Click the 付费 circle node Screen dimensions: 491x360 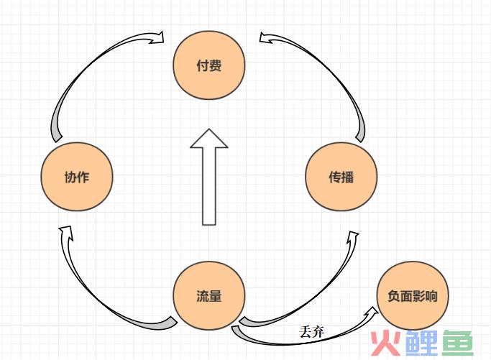(x=209, y=65)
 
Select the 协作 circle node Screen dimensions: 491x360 (x=77, y=177)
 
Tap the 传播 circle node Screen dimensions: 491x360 (x=341, y=177)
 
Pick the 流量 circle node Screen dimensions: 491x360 (x=209, y=295)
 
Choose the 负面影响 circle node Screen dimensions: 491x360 (x=413, y=295)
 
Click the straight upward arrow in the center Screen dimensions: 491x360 (x=209, y=177)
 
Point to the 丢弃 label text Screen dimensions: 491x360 (x=311, y=332)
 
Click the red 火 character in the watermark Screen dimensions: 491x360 (x=385, y=343)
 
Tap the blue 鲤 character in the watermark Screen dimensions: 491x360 (x=421, y=343)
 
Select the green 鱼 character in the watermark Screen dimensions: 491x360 (x=457, y=343)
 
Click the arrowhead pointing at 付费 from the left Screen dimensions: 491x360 (x=157, y=37)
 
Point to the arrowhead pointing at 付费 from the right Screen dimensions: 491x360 (x=266, y=37)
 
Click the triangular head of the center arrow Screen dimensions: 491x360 (x=209, y=139)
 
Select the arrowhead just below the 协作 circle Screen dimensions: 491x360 (x=66, y=233)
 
